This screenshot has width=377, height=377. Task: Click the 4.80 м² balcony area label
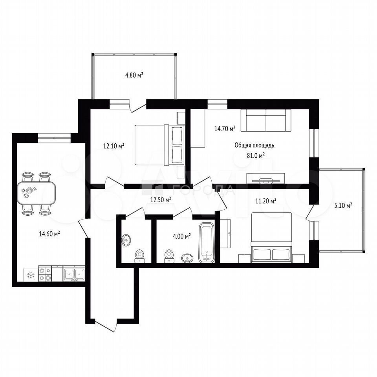(x=134, y=75)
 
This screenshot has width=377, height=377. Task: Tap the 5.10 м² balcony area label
(x=343, y=205)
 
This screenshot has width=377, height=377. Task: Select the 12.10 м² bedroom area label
(x=113, y=146)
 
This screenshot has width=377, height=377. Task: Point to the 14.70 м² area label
(x=225, y=129)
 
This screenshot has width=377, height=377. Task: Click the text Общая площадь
(x=254, y=145)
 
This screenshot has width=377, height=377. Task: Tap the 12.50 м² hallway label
(x=161, y=199)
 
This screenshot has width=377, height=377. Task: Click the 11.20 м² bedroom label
(x=266, y=201)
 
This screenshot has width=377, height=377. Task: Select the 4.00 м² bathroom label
(x=182, y=236)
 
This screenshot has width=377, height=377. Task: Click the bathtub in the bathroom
(x=207, y=242)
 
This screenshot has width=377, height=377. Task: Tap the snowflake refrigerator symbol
(x=31, y=275)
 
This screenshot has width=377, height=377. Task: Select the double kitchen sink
(x=74, y=274)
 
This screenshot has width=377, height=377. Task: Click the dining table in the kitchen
(x=36, y=192)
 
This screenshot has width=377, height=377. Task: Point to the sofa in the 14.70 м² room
(x=266, y=121)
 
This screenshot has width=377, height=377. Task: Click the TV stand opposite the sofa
(x=266, y=178)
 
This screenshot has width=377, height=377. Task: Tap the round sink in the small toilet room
(x=126, y=240)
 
